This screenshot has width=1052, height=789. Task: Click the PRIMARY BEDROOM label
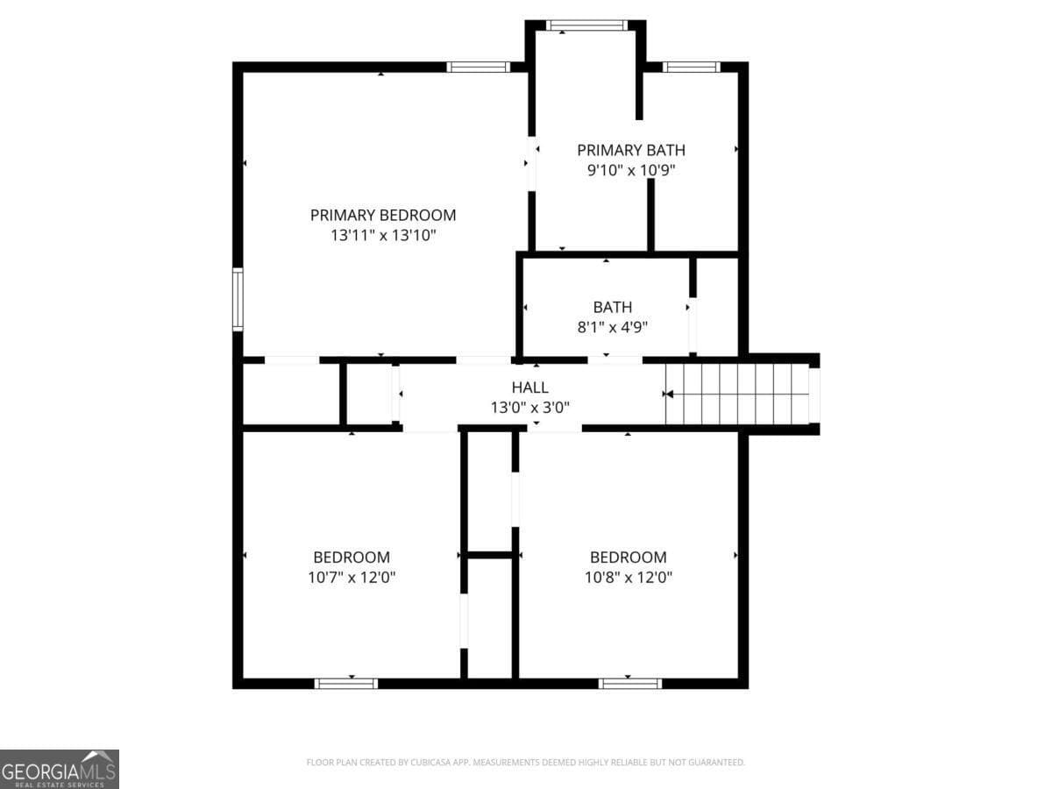pyautogui.click(x=383, y=215)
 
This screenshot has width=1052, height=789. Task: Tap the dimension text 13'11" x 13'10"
pyautogui.click(x=383, y=236)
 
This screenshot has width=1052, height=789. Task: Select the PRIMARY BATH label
pyautogui.click(x=631, y=150)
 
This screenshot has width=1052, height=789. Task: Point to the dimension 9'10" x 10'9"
pyautogui.click(x=631, y=171)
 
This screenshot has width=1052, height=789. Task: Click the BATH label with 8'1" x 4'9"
pyautogui.click(x=612, y=307)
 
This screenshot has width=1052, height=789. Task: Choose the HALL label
pyautogui.click(x=530, y=387)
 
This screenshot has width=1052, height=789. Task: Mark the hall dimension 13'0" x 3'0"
pyautogui.click(x=530, y=408)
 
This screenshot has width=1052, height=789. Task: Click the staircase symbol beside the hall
pyautogui.click(x=736, y=394)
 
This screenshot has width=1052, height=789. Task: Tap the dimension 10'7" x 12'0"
pyautogui.click(x=352, y=578)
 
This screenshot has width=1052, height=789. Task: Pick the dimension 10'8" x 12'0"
pyautogui.click(x=628, y=578)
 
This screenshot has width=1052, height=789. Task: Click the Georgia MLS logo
pyautogui.click(x=59, y=769)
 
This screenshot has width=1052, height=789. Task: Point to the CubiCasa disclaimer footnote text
pyautogui.click(x=525, y=763)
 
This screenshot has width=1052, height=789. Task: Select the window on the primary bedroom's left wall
pyautogui.click(x=237, y=300)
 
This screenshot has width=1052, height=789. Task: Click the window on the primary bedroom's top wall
pyautogui.click(x=478, y=67)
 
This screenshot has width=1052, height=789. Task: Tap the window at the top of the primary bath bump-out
pyautogui.click(x=586, y=25)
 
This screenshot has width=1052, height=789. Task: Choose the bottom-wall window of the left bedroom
pyautogui.click(x=346, y=683)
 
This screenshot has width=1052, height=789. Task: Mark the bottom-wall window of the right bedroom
pyautogui.click(x=630, y=683)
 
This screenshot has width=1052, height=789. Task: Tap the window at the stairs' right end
pyautogui.click(x=814, y=395)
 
